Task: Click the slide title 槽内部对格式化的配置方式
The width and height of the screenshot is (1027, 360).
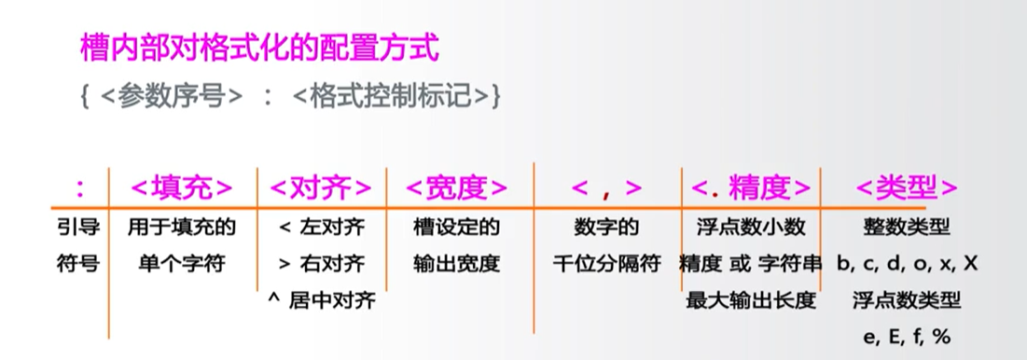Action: point(259,48)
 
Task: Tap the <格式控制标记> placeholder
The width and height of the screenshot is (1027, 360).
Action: point(391,97)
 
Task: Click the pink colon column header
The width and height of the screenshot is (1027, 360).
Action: point(80,187)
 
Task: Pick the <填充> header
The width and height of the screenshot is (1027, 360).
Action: point(182,187)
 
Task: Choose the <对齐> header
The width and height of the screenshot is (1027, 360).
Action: point(320,187)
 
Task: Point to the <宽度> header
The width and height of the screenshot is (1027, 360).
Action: point(457,187)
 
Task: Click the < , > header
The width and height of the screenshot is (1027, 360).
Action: point(606,187)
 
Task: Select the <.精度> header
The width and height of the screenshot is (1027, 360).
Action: point(751,187)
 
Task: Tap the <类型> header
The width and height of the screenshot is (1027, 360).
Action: point(907,187)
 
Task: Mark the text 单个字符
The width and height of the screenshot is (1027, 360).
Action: point(182,264)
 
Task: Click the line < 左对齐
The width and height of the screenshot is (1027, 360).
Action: point(321,227)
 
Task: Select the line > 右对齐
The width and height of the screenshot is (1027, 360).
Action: point(321,264)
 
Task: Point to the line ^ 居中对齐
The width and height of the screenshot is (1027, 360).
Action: point(321,301)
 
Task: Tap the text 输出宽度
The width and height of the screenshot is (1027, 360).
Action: point(457,264)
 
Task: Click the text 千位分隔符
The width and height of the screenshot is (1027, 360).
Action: point(606,264)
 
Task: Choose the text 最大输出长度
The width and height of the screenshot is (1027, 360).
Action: point(751,301)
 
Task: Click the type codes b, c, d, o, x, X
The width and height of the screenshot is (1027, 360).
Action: point(907,264)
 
